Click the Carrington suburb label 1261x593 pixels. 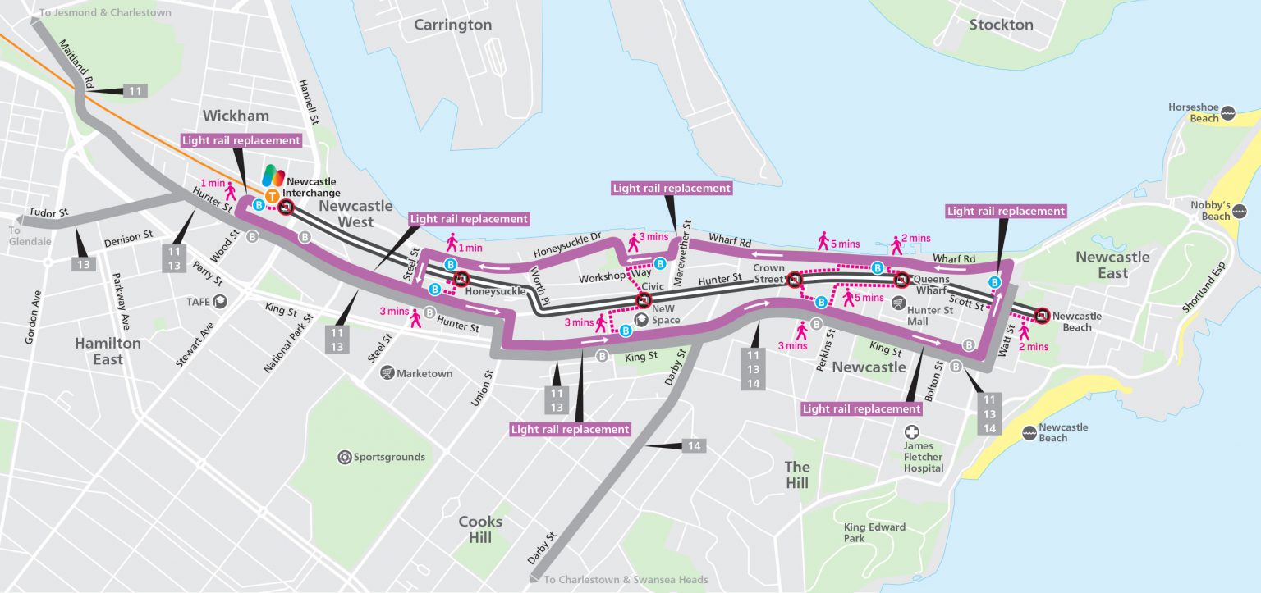click(x=452, y=25)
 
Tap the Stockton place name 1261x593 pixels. click(x=1001, y=25)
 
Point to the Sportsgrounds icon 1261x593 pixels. click(x=344, y=457)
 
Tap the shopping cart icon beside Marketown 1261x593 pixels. click(x=387, y=373)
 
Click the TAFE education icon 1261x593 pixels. click(x=219, y=302)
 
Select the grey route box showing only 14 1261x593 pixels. click(x=694, y=445)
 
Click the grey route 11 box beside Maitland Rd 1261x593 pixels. click(x=135, y=90)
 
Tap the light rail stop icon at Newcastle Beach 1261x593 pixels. click(x=1042, y=314)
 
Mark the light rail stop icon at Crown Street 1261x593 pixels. click(x=794, y=281)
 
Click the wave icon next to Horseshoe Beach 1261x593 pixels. click(x=1227, y=112)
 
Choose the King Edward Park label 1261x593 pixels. click(x=874, y=532)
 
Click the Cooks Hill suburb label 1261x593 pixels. click(x=480, y=529)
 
